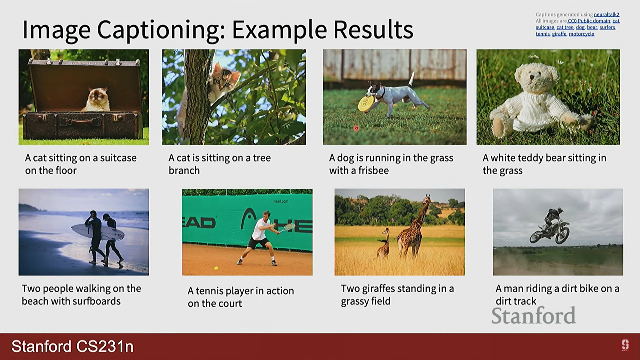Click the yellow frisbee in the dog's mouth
(365, 104)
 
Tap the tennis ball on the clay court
(216, 268)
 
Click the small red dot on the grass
(356, 128)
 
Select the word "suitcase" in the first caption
(118, 158)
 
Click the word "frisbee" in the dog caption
(373, 171)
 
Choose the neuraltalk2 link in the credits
(606, 15)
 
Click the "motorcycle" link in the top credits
(581, 34)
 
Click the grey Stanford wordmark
(533, 316)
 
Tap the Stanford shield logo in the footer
(625, 345)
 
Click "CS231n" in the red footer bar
(103, 347)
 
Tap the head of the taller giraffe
(426, 199)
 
